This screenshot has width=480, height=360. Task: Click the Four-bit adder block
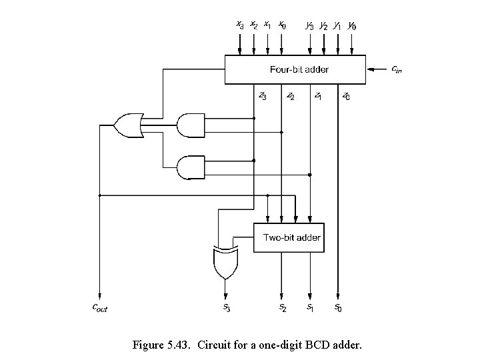[x=295, y=69]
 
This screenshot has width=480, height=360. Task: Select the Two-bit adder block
[x=291, y=237]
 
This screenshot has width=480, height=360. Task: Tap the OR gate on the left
[x=129, y=125]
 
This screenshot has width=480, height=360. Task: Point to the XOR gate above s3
[x=225, y=262]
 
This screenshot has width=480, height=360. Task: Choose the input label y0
[x=352, y=26]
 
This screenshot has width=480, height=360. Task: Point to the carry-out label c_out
[x=99, y=307]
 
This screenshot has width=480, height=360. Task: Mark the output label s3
[x=226, y=307]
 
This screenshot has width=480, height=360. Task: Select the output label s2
[x=283, y=307]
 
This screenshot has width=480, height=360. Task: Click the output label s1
[x=311, y=307]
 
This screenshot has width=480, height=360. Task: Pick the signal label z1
[x=319, y=96]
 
